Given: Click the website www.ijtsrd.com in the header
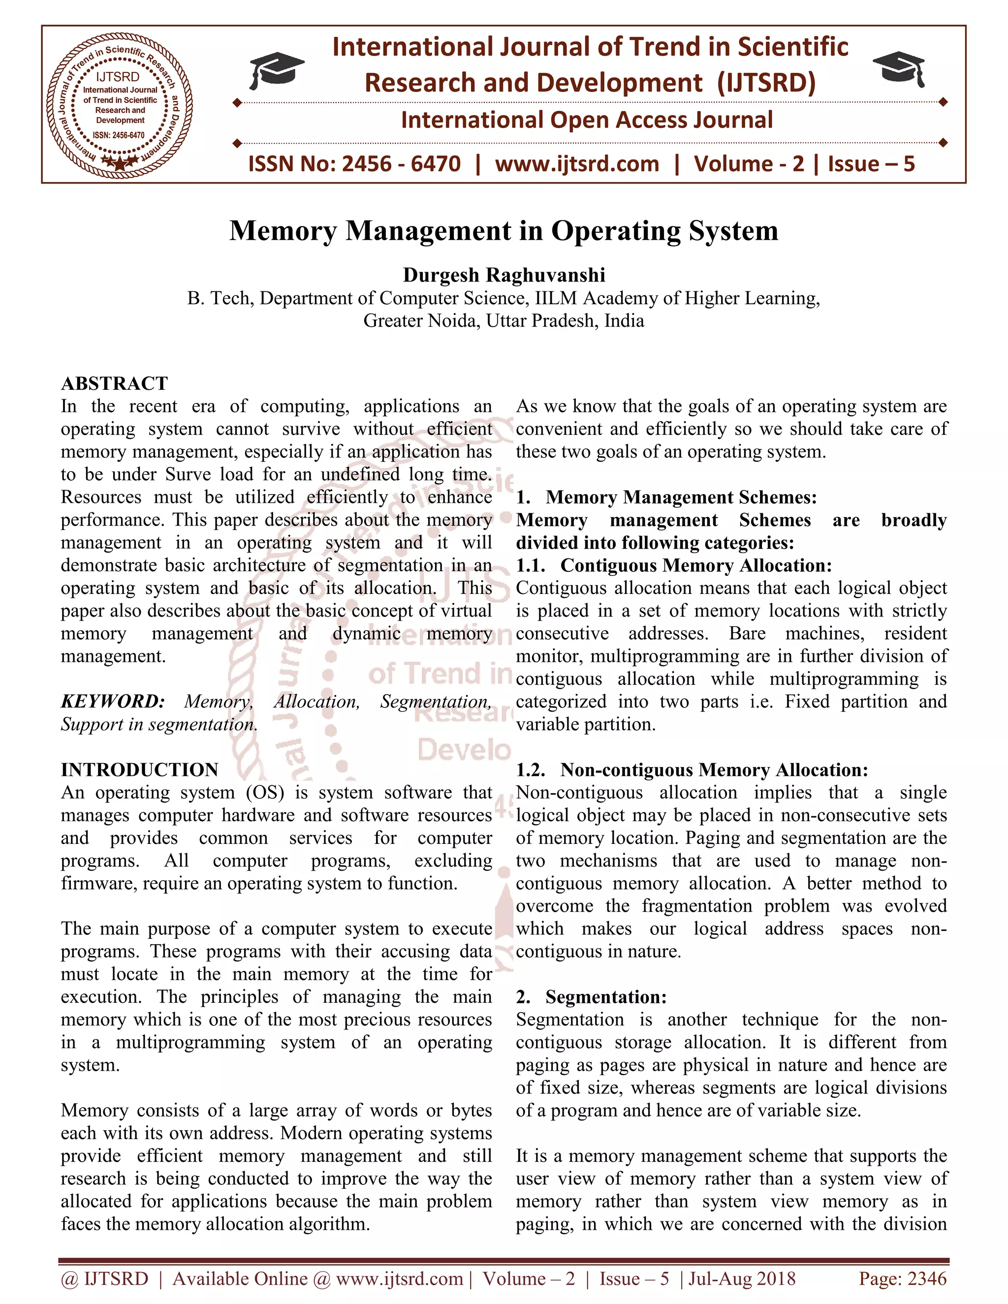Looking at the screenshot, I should click(577, 163).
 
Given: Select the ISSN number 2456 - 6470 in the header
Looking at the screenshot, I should click(401, 163).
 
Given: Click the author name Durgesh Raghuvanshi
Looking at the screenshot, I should click(504, 275).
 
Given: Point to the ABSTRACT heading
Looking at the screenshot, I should click(115, 383).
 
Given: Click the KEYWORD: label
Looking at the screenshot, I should click(113, 702).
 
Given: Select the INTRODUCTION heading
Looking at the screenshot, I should click(140, 770).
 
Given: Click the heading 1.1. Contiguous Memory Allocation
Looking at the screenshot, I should click(674, 565).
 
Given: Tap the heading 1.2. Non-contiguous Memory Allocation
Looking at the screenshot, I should click(692, 770).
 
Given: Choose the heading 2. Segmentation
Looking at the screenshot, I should click(591, 997).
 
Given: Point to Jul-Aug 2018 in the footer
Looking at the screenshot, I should click(742, 1278).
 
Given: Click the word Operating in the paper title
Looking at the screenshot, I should click(615, 230).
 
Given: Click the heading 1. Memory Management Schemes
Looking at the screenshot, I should click(666, 497).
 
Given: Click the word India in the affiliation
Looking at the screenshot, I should click(624, 321).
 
